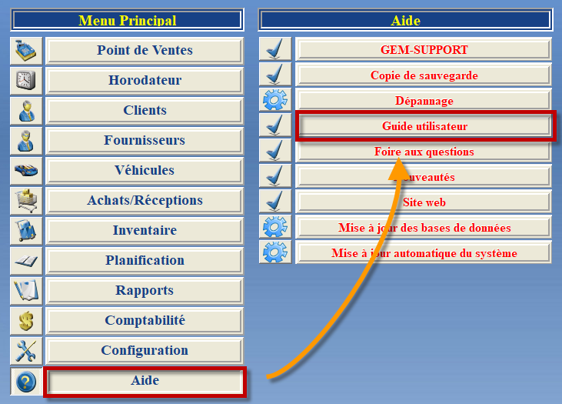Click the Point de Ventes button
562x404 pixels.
click(x=145, y=51)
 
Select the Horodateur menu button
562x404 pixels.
click(x=145, y=80)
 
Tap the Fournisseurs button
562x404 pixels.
click(x=145, y=140)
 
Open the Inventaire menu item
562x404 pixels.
click(x=145, y=230)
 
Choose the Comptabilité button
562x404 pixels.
click(x=145, y=320)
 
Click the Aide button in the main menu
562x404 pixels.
click(x=145, y=381)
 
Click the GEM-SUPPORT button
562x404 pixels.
click(x=424, y=49)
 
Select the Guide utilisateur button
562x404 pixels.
click(x=424, y=126)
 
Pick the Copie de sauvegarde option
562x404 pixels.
click(x=424, y=75)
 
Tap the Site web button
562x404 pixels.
click(x=424, y=202)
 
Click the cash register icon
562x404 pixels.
click(x=26, y=51)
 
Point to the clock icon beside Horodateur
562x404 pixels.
click(x=26, y=80)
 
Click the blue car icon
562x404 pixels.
click(x=26, y=170)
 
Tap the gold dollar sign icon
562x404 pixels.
click(x=26, y=320)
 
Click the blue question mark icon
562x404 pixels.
click(x=26, y=381)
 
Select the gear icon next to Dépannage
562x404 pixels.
click(x=275, y=100)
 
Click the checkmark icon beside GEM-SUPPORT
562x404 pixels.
click(x=275, y=48)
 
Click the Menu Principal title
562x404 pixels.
click(x=128, y=20)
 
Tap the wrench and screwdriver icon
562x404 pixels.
click(x=26, y=351)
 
